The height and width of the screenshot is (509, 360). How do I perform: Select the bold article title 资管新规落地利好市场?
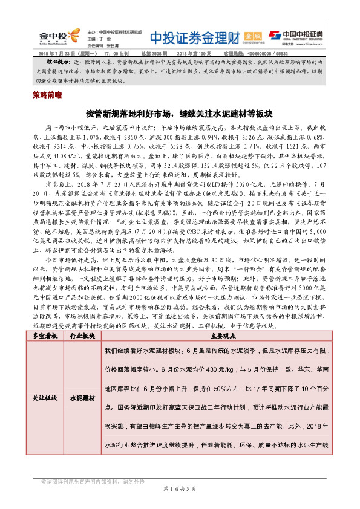180,113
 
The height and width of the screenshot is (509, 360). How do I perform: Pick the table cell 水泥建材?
82,399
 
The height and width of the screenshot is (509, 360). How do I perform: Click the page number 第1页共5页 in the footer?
180,488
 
